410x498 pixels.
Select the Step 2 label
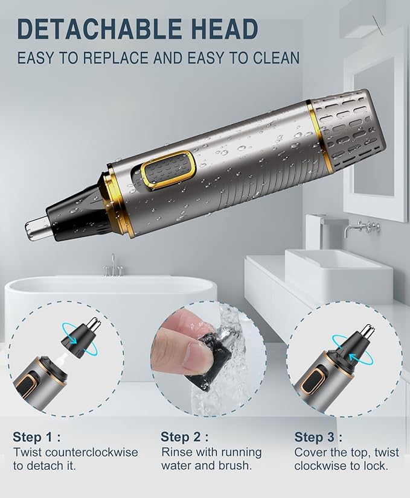tap(185, 437)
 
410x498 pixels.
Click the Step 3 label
tap(318, 437)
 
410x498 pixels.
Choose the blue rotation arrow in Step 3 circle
tap(360, 353)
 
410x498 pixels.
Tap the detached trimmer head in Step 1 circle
tap(83, 335)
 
